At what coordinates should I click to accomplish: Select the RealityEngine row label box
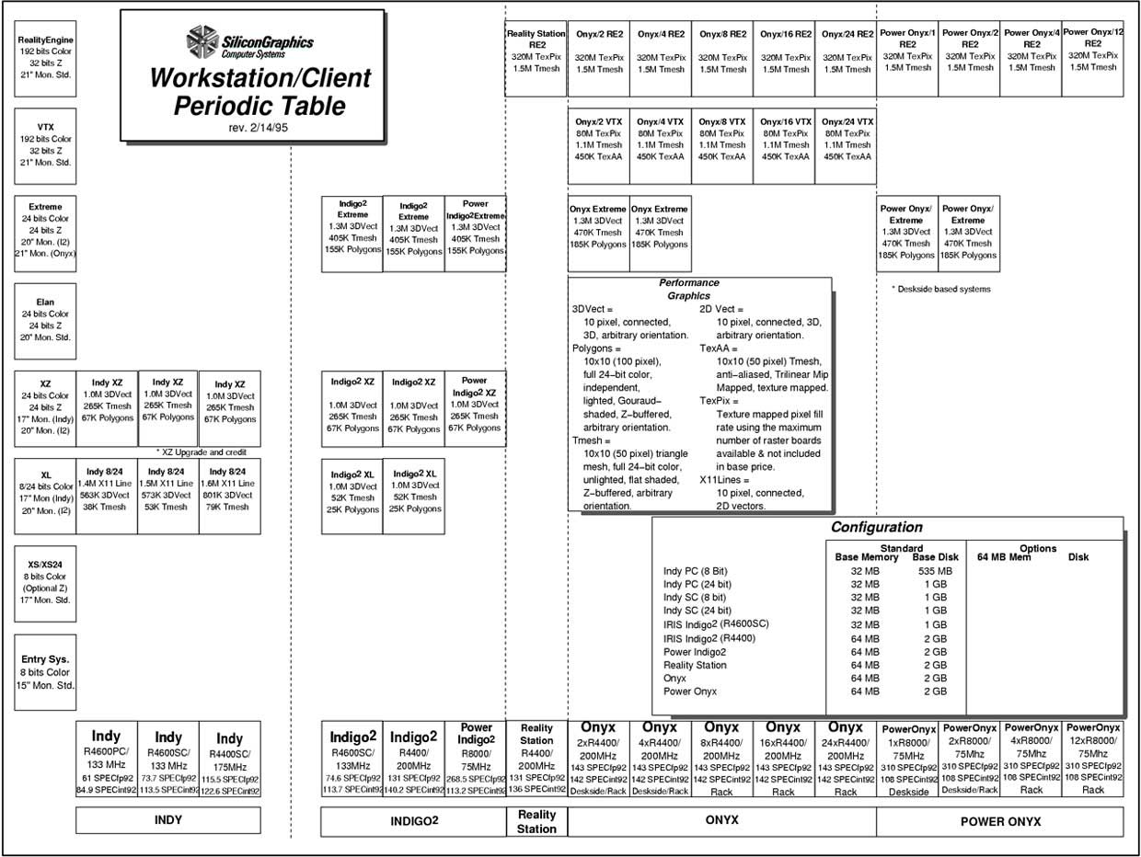click(46, 57)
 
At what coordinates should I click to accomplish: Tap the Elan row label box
click(46, 319)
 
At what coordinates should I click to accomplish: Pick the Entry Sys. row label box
click(46, 671)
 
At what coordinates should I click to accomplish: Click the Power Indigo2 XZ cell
click(475, 408)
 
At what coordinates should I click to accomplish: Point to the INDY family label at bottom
click(167, 820)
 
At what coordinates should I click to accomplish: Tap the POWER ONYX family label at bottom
click(999, 821)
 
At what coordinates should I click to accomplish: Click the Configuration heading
click(876, 528)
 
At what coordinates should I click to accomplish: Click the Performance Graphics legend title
click(688, 290)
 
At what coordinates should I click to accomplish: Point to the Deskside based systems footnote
click(940, 289)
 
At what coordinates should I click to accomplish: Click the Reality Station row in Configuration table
click(695, 665)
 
